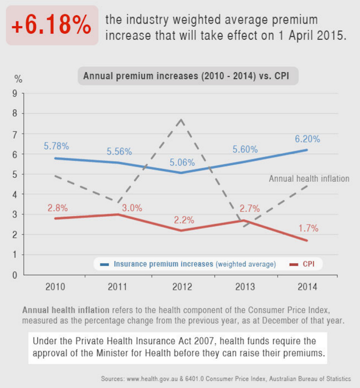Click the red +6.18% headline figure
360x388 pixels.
[52, 26]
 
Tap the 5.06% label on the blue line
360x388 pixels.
[182, 162]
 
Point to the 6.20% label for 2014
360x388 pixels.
[307, 139]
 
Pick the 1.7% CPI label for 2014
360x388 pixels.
[308, 228]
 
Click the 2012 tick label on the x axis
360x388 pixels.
[182, 287]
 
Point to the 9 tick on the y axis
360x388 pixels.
[14, 94]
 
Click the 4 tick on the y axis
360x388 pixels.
[14, 194]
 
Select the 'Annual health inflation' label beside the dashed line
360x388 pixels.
[309, 179]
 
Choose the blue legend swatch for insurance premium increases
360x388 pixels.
[105, 264]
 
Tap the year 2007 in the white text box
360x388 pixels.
[173, 341]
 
